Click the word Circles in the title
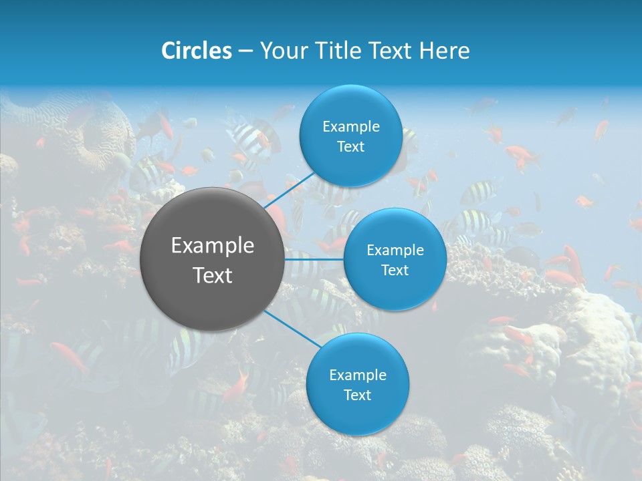click(x=197, y=51)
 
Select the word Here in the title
click(x=444, y=51)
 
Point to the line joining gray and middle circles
click(x=314, y=259)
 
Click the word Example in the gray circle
click(x=213, y=246)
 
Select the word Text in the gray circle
click(x=213, y=275)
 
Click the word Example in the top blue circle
click(x=351, y=127)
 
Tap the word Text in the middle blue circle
click(x=395, y=270)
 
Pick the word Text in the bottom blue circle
click(x=357, y=395)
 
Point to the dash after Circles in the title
click(x=245, y=51)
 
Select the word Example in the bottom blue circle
click(x=358, y=375)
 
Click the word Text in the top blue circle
click(x=350, y=147)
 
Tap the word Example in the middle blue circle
click(x=395, y=251)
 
